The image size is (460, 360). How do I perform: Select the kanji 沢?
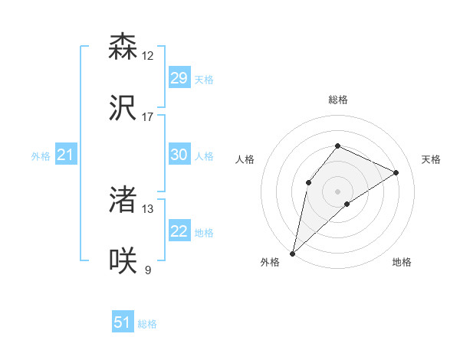123,108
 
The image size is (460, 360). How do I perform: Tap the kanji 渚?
123,200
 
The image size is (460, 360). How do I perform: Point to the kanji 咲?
123,261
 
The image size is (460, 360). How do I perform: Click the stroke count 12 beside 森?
148,56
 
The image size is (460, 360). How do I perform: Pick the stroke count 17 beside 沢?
148,117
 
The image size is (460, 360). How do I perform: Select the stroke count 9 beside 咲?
148,270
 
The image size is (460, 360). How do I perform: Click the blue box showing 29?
179,78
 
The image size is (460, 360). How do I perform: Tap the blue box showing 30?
179,155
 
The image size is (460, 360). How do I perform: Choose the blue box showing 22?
179,231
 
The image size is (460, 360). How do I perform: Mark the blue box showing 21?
65,155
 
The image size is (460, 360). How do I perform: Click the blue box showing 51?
123,322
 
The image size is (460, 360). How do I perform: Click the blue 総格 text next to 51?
147,324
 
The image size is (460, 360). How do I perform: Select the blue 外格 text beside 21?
41,156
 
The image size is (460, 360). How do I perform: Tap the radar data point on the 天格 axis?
396,172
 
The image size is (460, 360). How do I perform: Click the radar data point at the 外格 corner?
292,253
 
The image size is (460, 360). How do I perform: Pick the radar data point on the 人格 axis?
308,182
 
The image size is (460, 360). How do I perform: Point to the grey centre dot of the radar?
337,191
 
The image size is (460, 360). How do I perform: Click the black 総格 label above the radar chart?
337,100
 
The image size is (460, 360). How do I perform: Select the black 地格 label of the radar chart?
402,262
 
